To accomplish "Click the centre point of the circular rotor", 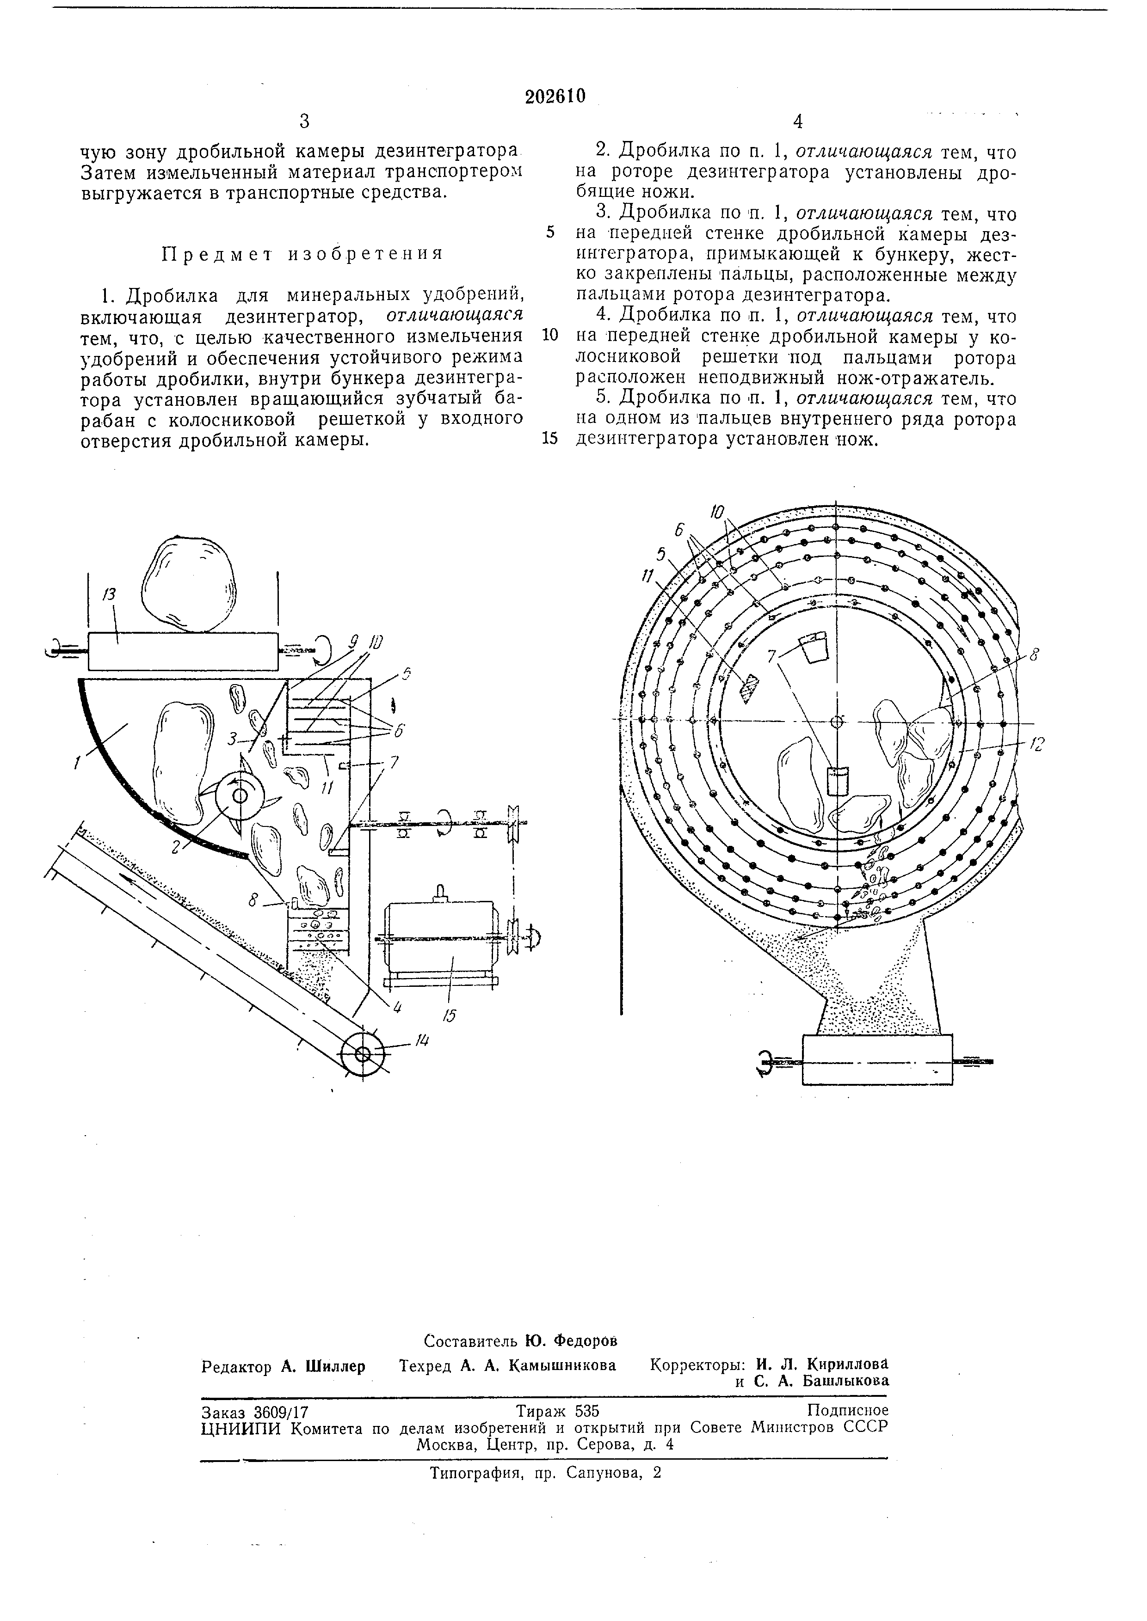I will [836, 722].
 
